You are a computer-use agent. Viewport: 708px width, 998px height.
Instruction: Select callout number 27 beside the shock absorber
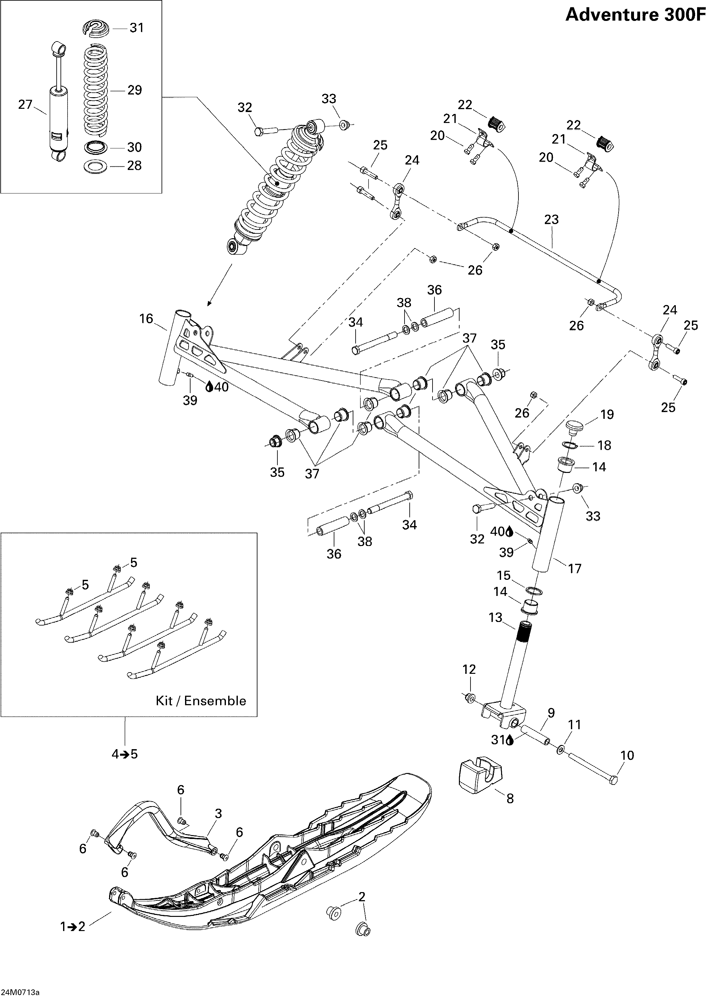point(25,105)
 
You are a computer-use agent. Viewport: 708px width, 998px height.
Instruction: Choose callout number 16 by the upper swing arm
point(146,319)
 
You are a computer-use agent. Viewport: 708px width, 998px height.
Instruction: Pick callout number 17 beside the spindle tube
point(574,569)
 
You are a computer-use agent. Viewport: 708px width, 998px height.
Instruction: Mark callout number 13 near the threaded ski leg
point(496,617)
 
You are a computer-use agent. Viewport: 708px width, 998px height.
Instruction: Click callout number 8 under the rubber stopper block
point(510,798)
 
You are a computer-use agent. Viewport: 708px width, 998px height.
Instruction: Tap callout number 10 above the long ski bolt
point(627,755)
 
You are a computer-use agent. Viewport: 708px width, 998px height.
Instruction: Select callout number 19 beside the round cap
point(607,414)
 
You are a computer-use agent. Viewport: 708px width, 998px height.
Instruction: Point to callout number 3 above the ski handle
point(219,814)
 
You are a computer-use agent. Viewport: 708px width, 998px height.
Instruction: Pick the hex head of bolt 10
point(613,780)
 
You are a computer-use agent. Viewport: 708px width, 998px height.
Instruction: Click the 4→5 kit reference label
point(125,754)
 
